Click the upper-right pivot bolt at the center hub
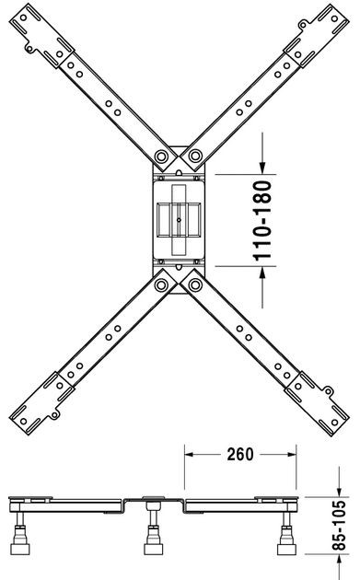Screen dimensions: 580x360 click(x=196, y=154)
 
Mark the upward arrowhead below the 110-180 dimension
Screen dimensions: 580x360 click(x=263, y=275)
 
